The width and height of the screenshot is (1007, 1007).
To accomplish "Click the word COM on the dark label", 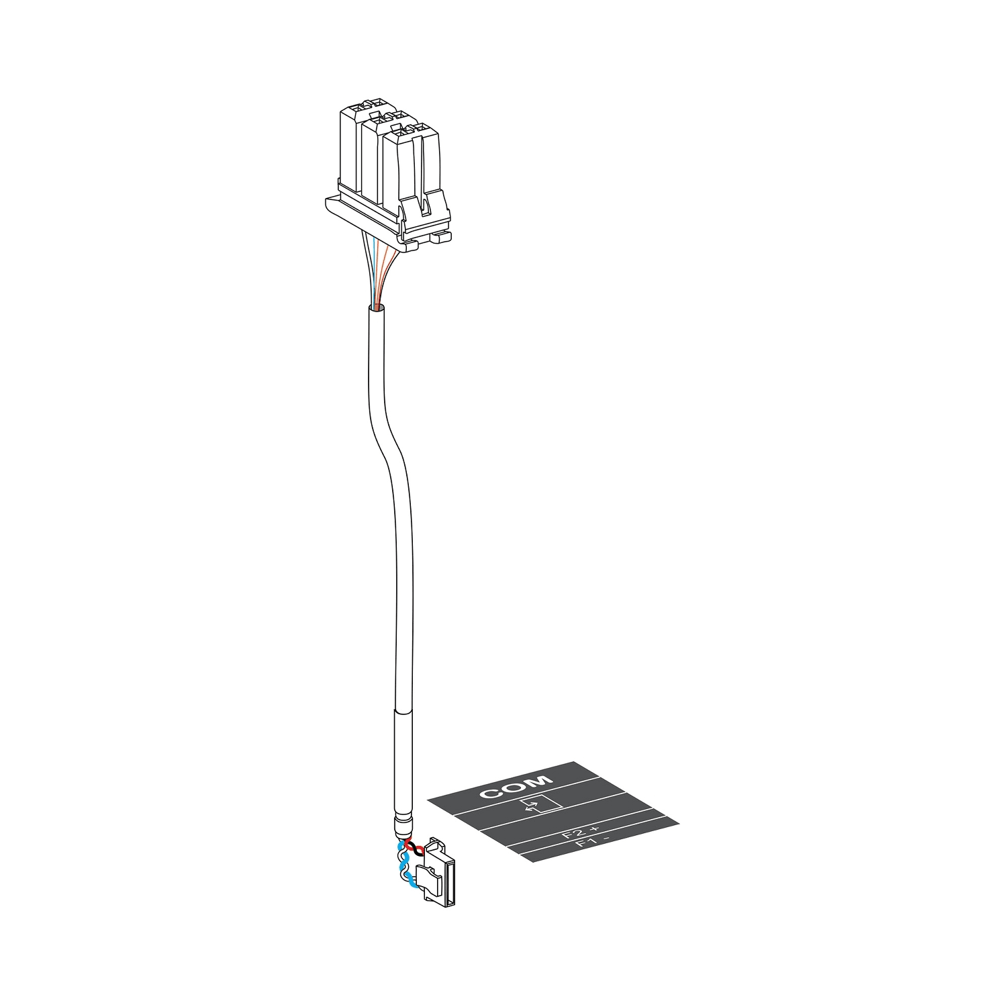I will [516, 787].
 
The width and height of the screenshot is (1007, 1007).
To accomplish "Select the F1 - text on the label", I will [593, 843].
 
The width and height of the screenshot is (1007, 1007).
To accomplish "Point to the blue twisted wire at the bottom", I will [405, 873].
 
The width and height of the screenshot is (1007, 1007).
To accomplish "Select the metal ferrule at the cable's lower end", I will [404, 823].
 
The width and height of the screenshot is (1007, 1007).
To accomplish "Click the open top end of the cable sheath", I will [376, 308].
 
